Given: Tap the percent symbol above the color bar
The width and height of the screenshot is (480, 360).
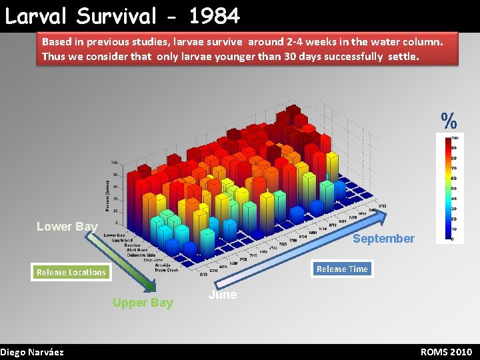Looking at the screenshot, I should coord(449,121).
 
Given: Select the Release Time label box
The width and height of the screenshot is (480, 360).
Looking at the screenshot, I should coord(342,269).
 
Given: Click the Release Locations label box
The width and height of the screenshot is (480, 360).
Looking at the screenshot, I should coord(71,272).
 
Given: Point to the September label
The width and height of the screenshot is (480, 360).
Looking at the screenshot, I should coord(383,238).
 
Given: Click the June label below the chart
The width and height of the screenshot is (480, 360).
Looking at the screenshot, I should coord(222,295).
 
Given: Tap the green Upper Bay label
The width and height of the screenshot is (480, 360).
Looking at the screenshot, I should coord(143,303).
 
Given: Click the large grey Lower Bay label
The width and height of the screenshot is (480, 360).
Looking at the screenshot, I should coord(67,227).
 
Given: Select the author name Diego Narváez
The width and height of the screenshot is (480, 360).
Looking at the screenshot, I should coord(32,352).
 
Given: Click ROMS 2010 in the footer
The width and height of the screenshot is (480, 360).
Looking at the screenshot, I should coord(446,352).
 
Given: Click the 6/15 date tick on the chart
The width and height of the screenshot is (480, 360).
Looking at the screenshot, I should coord(203,274).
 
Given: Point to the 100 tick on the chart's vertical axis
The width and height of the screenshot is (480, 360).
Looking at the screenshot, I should coord(115,163).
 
